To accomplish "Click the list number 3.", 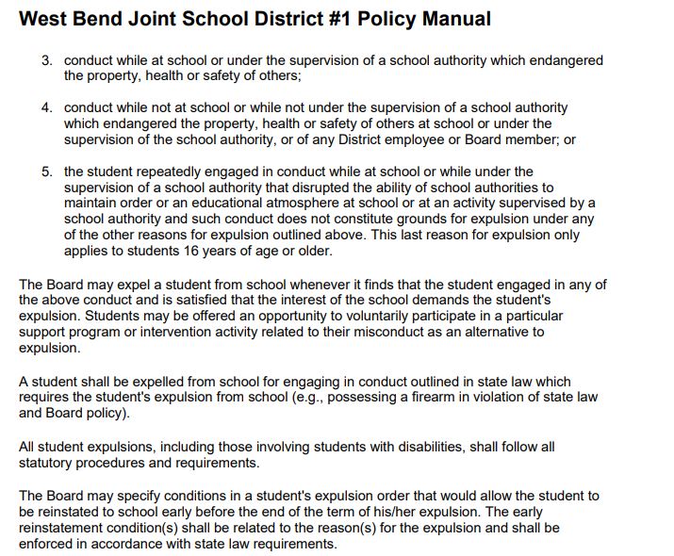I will (x=46, y=60).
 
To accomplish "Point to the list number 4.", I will (x=46, y=108).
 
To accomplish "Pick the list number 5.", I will (x=46, y=172).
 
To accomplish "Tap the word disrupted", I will (x=326, y=188).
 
